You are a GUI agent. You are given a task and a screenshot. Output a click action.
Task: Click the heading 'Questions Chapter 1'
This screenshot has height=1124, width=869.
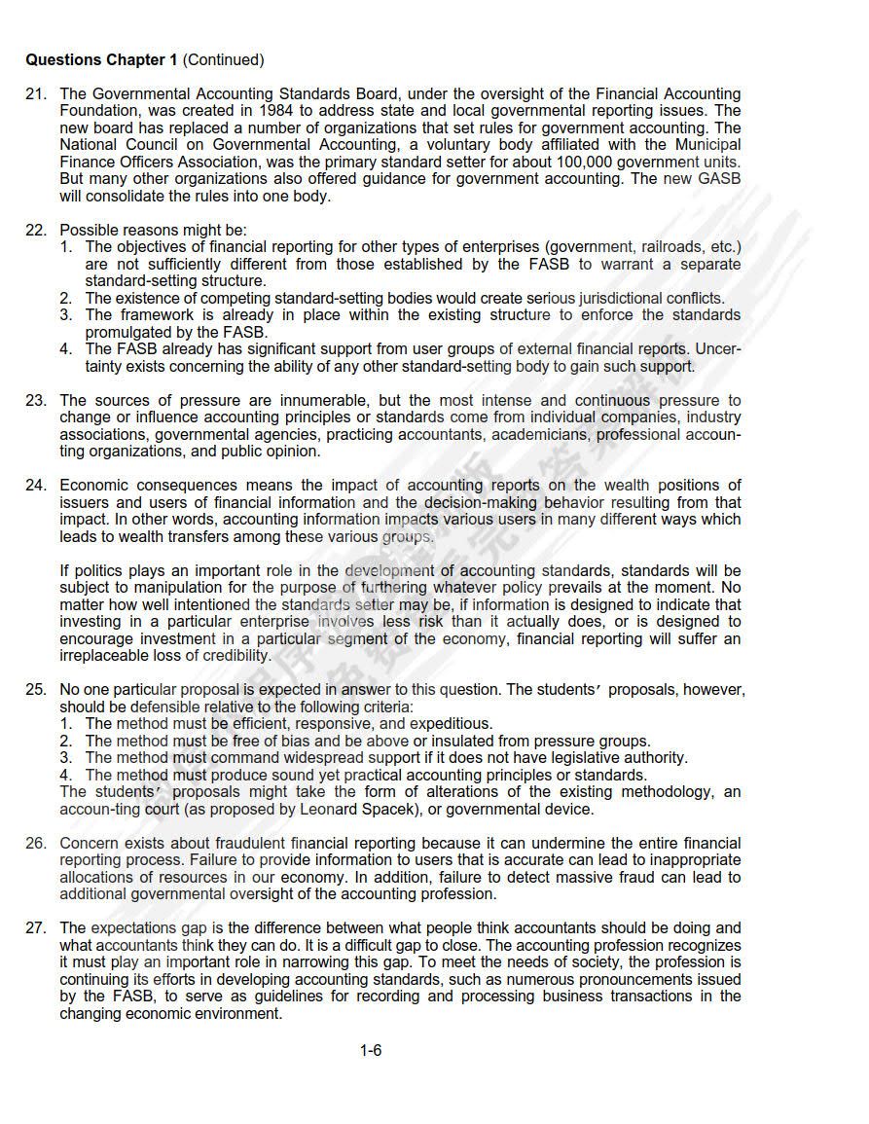tap(101, 60)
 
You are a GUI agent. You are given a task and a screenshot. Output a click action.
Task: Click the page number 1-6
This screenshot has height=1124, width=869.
tap(371, 1050)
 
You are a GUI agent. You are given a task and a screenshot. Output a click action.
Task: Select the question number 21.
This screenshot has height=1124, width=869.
tap(36, 94)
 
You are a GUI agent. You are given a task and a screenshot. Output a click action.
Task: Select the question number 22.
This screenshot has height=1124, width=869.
tap(36, 230)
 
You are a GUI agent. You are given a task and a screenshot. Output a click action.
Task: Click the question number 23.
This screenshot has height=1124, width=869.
tap(36, 400)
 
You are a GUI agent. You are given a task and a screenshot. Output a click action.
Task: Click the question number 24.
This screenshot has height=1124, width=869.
tap(36, 485)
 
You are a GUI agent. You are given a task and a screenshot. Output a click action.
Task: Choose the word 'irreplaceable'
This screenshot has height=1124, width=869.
tap(105, 655)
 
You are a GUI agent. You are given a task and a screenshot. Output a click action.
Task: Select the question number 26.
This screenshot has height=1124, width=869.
tap(36, 843)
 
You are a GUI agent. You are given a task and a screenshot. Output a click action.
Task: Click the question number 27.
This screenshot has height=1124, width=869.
tap(36, 927)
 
